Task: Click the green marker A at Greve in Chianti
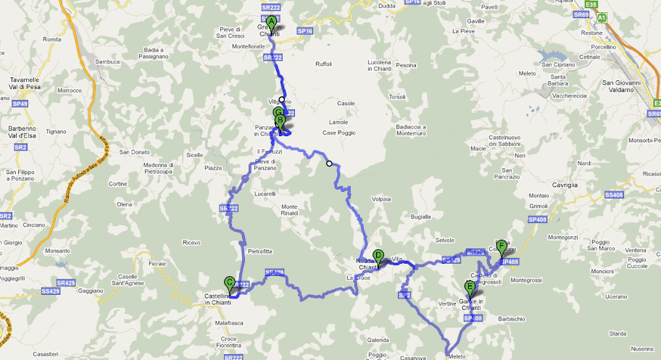coord(271,22)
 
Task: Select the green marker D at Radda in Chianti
coord(378,255)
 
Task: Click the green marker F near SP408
coord(501,246)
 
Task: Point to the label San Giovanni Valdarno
coord(623,85)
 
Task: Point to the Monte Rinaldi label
coord(289,210)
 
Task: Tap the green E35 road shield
coord(592,4)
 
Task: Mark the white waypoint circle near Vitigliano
coord(282,100)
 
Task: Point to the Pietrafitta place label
coord(259,251)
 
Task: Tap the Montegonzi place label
coord(562,237)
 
